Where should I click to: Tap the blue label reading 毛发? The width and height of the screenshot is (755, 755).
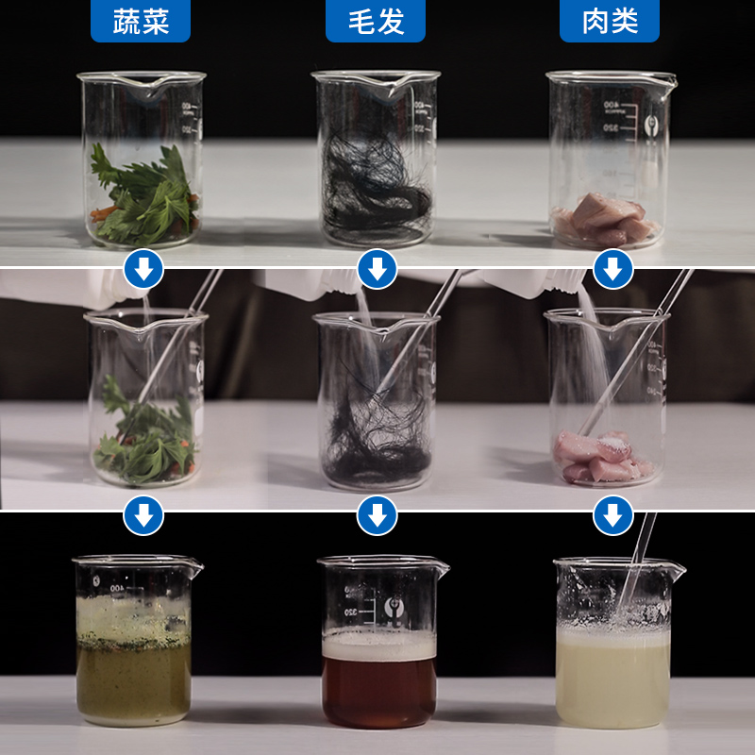[x=376, y=21]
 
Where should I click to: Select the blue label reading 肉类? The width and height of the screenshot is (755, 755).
[x=610, y=21]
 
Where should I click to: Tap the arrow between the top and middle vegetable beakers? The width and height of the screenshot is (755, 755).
[x=143, y=270]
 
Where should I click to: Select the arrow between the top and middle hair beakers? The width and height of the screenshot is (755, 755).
[x=377, y=270]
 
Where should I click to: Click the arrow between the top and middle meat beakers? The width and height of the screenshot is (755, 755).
[x=612, y=270]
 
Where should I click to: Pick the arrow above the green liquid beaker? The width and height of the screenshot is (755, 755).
[x=143, y=515]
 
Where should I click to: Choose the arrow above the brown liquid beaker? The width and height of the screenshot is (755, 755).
[x=377, y=515]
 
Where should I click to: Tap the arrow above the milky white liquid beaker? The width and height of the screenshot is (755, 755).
[x=612, y=515]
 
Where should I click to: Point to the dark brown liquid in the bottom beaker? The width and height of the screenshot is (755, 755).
[x=378, y=689]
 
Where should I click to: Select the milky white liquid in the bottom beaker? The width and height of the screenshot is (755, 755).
[x=612, y=679]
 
